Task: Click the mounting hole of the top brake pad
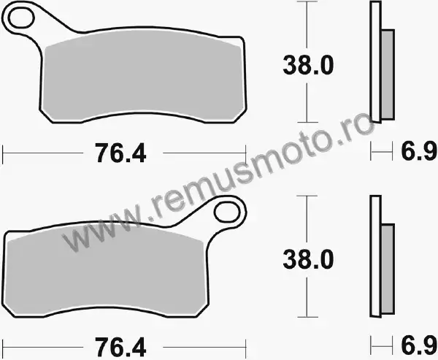click(x=21, y=18)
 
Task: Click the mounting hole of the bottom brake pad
click(x=227, y=211)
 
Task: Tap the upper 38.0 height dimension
click(x=308, y=65)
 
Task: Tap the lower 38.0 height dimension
click(x=308, y=260)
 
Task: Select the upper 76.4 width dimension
click(x=120, y=153)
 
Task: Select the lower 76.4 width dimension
click(x=120, y=348)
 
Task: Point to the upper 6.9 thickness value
click(x=419, y=151)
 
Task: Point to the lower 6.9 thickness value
click(x=419, y=345)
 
